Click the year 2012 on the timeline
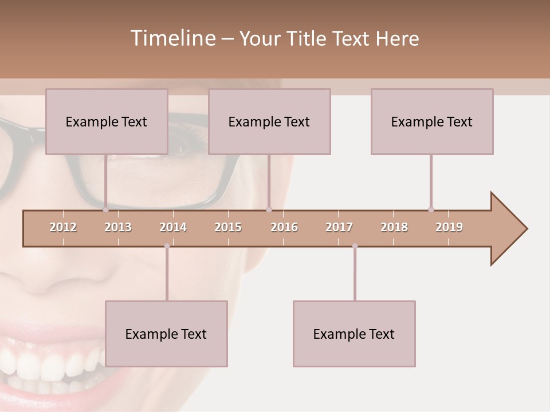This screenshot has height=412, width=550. [63, 227]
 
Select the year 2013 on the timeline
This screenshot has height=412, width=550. [118, 227]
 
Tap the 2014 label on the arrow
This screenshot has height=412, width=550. [173, 227]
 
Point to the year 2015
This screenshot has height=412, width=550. [228, 227]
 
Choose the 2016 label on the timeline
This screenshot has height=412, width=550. [284, 227]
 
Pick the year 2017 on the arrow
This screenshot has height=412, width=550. [339, 227]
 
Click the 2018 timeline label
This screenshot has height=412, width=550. [394, 227]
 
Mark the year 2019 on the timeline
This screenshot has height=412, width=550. [449, 227]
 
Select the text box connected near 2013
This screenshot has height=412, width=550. [107, 121]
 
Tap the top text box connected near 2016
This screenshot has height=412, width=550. [269, 121]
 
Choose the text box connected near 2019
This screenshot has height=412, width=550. [432, 121]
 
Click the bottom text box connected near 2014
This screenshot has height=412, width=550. [166, 334]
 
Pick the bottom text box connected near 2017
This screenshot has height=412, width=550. [354, 334]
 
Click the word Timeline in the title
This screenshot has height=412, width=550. [172, 38]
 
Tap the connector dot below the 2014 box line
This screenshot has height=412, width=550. [167, 246]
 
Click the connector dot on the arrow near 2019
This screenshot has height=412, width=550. [431, 209]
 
